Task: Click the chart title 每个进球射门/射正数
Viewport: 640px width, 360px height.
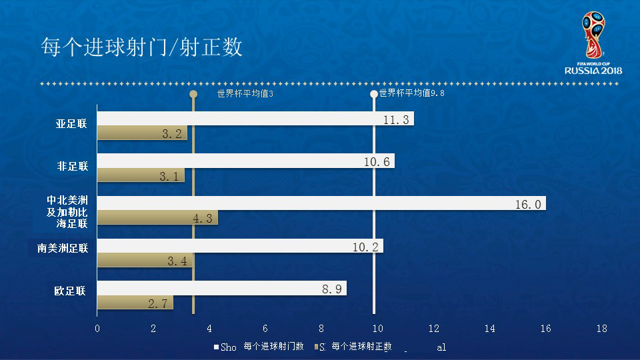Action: coord(141,48)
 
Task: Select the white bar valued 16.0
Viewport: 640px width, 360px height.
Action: coord(321,203)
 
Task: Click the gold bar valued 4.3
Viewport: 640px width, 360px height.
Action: coord(157,218)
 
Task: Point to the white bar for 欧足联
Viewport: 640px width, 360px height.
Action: coord(221,288)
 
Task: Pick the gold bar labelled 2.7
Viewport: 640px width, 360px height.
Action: coord(135,303)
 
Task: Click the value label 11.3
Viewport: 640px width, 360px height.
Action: coord(397,119)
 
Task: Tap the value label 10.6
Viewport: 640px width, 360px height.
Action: coord(378,161)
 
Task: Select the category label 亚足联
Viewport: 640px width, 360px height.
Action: coord(71,124)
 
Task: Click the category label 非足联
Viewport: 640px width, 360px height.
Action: coord(73,166)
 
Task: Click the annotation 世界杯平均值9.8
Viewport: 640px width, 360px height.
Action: coord(411,94)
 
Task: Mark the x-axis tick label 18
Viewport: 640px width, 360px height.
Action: coord(601,329)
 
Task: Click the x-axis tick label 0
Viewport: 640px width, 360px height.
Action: coord(97,329)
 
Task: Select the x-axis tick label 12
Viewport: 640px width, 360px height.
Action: coord(433,329)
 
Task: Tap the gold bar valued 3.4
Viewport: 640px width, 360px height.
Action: coord(145,261)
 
